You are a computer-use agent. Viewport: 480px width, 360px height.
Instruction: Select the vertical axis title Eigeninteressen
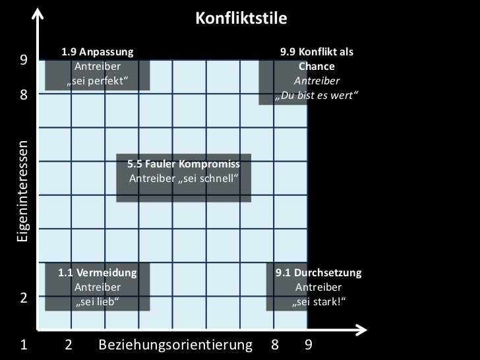(x=22, y=191)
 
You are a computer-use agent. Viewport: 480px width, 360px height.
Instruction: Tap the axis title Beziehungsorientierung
(x=175, y=345)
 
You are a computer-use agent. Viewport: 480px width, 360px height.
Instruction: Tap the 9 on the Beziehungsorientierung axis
(x=307, y=345)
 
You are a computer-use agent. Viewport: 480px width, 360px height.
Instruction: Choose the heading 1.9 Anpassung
(x=97, y=51)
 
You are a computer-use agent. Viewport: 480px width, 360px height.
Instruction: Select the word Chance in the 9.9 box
(x=316, y=67)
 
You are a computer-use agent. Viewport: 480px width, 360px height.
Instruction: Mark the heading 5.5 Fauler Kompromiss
(x=183, y=164)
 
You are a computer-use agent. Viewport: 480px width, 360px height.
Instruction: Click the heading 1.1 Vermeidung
(x=98, y=272)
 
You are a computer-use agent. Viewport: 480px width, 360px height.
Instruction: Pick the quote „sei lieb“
(x=98, y=303)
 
